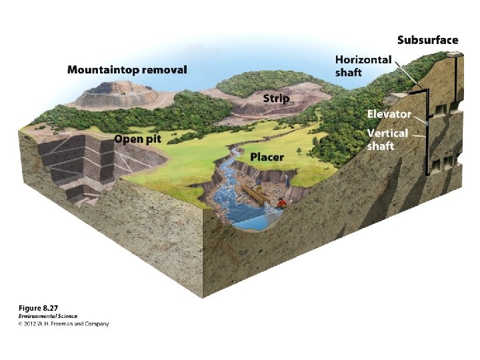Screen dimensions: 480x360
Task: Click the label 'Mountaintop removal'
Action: (127, 69)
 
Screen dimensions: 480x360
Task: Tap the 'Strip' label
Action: (276, 98)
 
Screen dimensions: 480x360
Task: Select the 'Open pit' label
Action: (139, 139)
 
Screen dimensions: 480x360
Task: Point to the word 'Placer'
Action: (267, 157)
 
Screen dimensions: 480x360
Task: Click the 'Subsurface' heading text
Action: (427, 40)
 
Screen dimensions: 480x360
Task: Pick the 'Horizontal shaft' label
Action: (363, 65)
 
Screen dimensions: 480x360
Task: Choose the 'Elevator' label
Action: (389, 115)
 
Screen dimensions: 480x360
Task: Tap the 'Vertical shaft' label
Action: (387, 139)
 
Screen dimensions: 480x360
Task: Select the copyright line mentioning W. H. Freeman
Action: (63, 324)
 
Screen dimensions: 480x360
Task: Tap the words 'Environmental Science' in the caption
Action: (47, 316)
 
